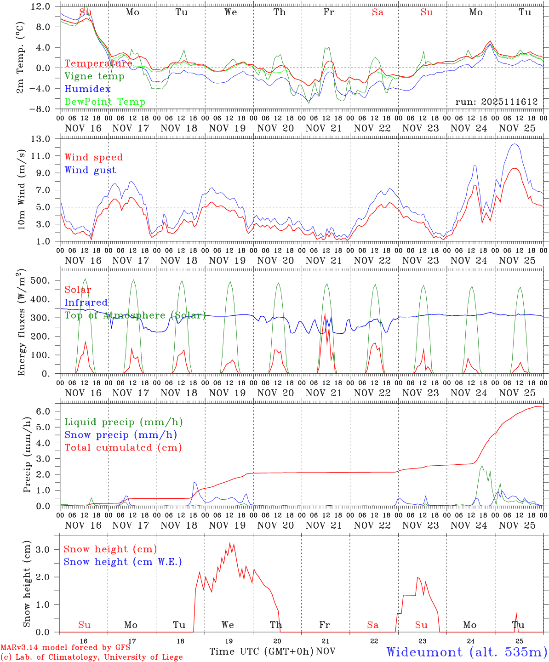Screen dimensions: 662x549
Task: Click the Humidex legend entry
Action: [x=87, y=89]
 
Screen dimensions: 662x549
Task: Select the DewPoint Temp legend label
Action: [x=105, y=102]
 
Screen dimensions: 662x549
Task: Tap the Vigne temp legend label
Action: [x=94, y=76]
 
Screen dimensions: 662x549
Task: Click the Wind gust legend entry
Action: [x=90, y=170]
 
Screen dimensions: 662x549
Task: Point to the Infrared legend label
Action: [x=86, y=302]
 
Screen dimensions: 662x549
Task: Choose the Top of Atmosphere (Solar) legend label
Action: [x=135, y=315]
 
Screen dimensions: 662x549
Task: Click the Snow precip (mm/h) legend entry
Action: [x=120, y=435]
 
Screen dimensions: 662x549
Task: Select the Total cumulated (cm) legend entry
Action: [x=123, y=448]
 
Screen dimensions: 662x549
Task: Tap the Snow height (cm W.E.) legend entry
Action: [x=122, y=562]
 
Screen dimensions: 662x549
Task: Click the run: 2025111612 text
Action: [x=497, y=102]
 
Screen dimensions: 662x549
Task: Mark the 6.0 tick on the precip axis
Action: [x=43, y=411]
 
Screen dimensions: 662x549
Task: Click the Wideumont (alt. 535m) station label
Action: [x=466, y=651]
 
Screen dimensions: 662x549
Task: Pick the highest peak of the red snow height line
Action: [x=230, y=543]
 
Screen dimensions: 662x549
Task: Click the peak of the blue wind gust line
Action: [x=515, y=144]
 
